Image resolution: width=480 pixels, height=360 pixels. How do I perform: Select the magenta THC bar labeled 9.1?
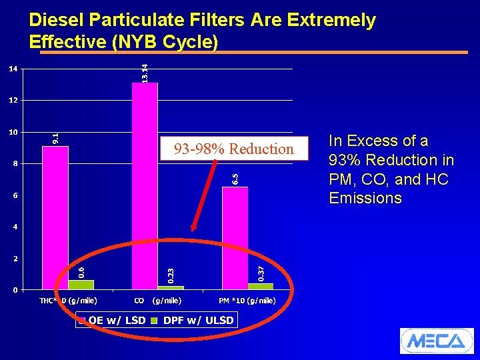[55, 217]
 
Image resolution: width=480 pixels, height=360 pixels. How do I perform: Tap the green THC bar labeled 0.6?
[81, 285]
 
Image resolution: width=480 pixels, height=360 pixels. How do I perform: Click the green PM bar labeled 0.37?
[261, 287]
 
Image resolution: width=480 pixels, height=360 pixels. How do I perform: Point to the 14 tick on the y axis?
[13, 69]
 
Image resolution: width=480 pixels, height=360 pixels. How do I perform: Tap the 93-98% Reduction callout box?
[233, 149]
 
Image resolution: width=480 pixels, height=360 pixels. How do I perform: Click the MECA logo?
[436, 341]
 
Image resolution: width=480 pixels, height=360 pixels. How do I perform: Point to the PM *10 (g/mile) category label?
[247, 301]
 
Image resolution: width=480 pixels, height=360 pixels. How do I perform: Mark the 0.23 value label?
[171, 275]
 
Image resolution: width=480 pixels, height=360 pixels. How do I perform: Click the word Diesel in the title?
[56, 21]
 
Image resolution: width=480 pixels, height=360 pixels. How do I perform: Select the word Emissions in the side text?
[365, 198]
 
